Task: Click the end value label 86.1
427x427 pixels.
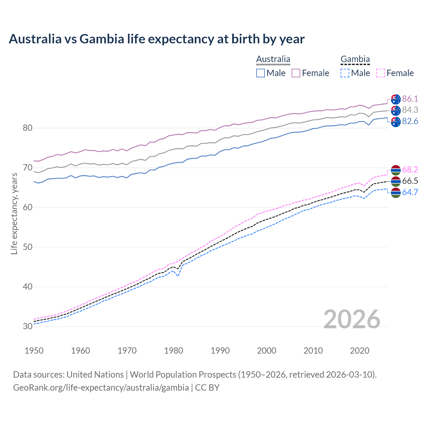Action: pyautogui.click(x=410, y=99)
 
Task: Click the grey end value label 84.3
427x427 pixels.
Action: pyautogui.click(x=410, y=110)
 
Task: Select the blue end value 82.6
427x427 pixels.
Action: pyautogui.click(x=410, y=121)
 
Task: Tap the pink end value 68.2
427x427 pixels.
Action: pyautogui.click(x=410, y=170)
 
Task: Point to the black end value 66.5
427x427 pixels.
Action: pyautogui.click(x=410, y=181)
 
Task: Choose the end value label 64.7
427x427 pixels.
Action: pyautogui.click(x=410, y=192)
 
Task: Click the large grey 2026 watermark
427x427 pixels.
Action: pyautogui.click(x=352, y=319)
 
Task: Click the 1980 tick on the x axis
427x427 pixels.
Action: pyautogui.click(x=174, y=351)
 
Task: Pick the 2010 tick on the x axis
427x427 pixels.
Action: pyautogui.click(x=313, y=351)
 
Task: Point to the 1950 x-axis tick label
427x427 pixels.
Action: pyautogui.click(x=34, y=351)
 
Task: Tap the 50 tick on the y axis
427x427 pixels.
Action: pyautogui.click(x=28, y=247)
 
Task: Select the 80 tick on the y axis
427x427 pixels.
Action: pyautogui.click(x=28, y=128)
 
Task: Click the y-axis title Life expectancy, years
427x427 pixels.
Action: pyautogui.click(x=14, y=213)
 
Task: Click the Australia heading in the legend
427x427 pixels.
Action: pyautogui.click(x=273, y=59)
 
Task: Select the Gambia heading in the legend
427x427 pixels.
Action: pyautogui.click(x=355, y=59)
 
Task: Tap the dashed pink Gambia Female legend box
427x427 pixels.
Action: pyautogui.click(x=381, y=73)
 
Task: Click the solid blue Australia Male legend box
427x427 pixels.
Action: pyautogui.click(x=261, y=73)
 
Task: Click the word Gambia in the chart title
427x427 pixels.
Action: pyautogui.click(x=102, y=39)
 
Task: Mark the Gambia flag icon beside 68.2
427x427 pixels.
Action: pyautogui.click(x=396, y=170)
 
